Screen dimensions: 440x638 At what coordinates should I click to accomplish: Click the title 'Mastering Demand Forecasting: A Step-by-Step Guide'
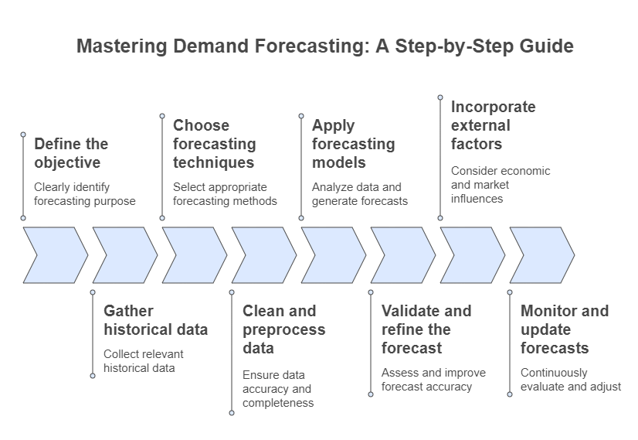pyautogui.click(x=325, y=46)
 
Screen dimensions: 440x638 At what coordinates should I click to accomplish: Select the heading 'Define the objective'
pyautogui.click(x=71, y=153)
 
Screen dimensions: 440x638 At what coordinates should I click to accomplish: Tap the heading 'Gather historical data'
pyautogui.click(x=155, y=320)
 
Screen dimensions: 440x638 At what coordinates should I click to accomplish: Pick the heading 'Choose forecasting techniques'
pyautogui.click(x=214, y=144)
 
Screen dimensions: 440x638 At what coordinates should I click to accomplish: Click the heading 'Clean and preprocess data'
pyautogui.click(x=283, y=329)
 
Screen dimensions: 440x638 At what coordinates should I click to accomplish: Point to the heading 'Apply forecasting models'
pyautogui.click(x=353, y=144)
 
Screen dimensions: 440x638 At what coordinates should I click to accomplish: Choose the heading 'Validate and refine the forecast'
pyautogui.click(x=426, y=329)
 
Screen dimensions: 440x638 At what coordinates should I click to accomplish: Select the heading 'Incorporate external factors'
pyautogui.click(x=493, y=125)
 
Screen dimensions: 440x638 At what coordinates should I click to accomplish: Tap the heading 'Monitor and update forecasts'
pyautogui.click(x=565, y=329)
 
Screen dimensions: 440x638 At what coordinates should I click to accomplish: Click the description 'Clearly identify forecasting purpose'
pyautogui.click(x=85, y=193)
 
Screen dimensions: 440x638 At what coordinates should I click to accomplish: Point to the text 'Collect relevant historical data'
pyautogui.click(x=144, y=360)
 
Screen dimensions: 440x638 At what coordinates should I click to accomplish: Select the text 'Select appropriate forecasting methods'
pyautogui.click(x=225, y=193)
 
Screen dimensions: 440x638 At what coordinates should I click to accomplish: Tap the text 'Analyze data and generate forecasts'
pyautogui.click(x=360, y=193)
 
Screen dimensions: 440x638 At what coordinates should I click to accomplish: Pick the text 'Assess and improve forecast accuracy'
pyautogui.click(x=433, y=379)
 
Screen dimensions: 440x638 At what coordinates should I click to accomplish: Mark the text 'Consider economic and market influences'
pyautogui.click(x=501, y=184)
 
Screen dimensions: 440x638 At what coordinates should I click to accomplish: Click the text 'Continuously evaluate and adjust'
pyautogui.click(x=570, y=379)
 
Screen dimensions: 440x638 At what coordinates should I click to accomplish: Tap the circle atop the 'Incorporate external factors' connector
pyautogui.click(x=440, y=97)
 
